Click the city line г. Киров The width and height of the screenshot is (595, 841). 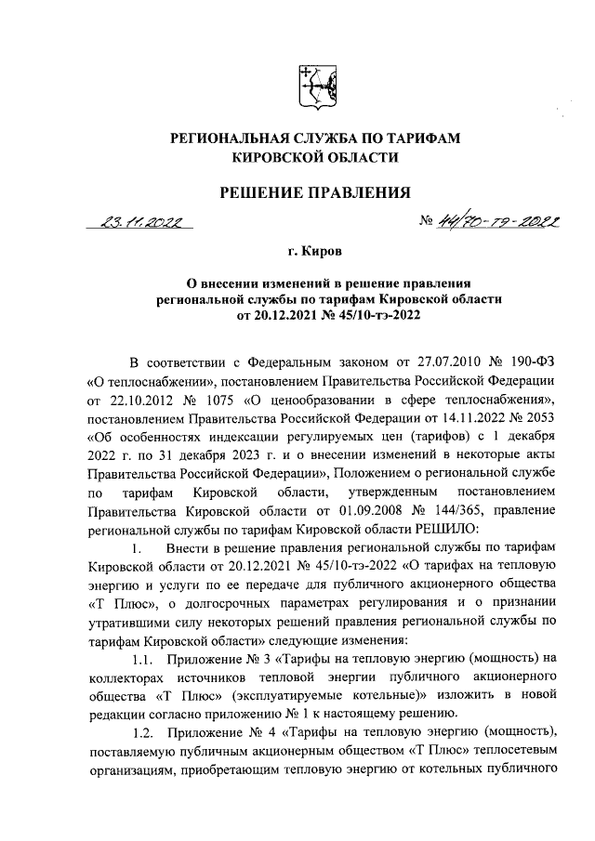click(313, 252)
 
